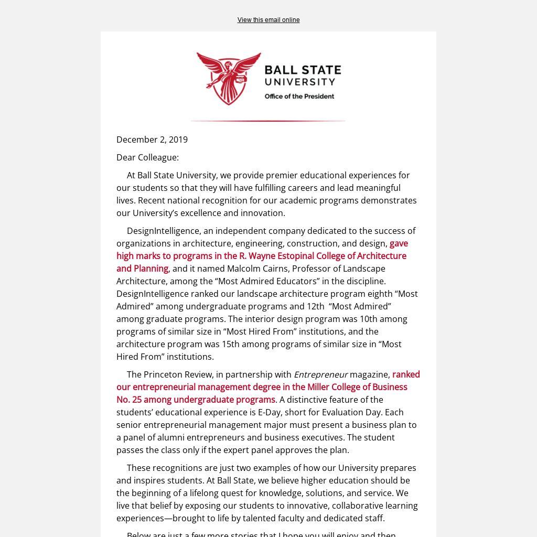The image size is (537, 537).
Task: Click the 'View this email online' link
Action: [268, 20]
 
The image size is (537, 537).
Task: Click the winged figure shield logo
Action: [229, 78]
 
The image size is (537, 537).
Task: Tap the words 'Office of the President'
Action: [299, 96]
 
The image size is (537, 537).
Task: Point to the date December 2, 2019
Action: [152, 139]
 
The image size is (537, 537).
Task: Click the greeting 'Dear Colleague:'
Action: [147, 157]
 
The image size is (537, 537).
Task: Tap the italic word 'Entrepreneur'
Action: [320, 374]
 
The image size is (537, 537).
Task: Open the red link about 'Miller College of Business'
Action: [262, 387]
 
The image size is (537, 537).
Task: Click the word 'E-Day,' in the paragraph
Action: [270, 412]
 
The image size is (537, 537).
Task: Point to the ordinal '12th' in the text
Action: [315, 306]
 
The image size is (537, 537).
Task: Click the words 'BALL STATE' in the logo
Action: [303, 70]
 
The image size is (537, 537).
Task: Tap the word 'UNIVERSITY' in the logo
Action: [299, 82]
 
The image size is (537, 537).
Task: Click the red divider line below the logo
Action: [268, 121]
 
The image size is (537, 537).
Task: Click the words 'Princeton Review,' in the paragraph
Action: [178, 374]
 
